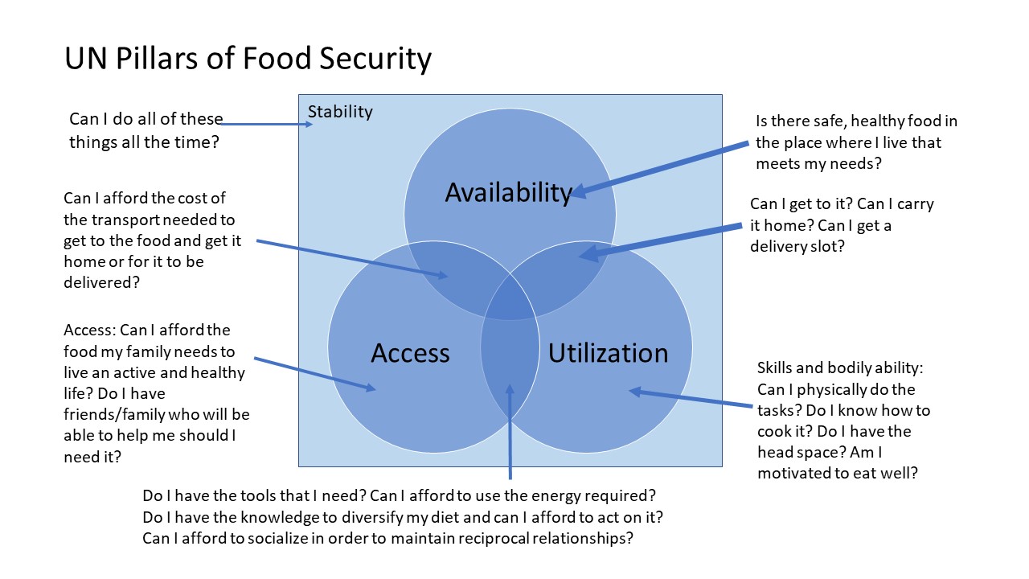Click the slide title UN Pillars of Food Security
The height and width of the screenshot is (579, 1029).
pos(248,60)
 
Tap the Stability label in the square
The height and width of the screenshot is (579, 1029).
pos(340,111)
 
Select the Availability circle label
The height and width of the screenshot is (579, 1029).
pos(508,192)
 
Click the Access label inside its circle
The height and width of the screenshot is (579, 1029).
pos(410,352)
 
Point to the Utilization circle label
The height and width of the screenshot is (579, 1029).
pos(608,352)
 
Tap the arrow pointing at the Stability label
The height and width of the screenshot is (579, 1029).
pos(265,125)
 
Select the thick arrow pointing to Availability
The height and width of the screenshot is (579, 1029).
pos(659,169)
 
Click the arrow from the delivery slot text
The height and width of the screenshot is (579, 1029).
pos(659,240)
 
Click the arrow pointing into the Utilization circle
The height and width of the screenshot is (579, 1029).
pos(691,399)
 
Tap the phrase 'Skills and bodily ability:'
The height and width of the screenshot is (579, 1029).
pos(840,368)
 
